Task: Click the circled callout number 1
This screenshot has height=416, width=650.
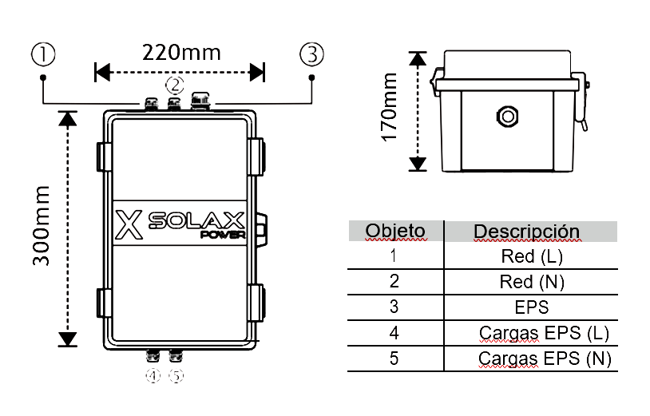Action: [43, 54]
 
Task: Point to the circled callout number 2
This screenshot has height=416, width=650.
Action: [174, 84]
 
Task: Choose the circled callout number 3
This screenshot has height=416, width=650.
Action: [312, 54]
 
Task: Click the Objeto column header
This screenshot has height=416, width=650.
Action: [395, 232]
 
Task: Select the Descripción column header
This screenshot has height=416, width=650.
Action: [526, 232]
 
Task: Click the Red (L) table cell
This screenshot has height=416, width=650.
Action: [532, 257]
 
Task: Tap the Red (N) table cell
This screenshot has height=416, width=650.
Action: [532, 282]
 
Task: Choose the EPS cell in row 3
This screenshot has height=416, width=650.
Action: [532, 307]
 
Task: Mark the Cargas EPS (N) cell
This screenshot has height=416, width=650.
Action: [545, 359]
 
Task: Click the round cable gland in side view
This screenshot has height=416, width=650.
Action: [505, 117]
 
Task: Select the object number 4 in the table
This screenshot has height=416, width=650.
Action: [394, 333]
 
